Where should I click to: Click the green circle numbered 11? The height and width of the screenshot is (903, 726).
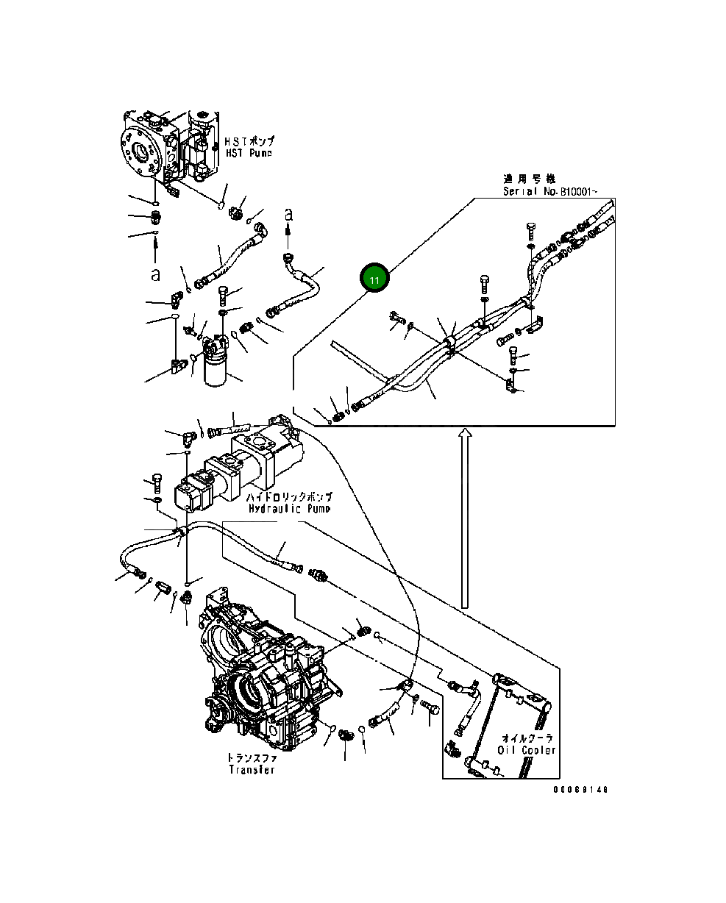375,280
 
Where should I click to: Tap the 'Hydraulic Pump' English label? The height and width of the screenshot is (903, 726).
289,508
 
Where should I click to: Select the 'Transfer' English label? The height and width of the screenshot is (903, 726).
252,770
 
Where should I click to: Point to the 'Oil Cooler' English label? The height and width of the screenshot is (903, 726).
527,750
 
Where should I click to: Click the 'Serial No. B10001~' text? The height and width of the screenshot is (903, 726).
549,191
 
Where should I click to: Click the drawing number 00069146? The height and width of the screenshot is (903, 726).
581,790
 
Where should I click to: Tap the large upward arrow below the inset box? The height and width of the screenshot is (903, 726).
463,518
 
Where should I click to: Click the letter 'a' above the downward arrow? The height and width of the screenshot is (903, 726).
288,214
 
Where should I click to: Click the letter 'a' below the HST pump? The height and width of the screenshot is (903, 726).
155,274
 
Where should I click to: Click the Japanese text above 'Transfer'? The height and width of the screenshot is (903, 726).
251,757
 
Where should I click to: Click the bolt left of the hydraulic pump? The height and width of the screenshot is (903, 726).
156,482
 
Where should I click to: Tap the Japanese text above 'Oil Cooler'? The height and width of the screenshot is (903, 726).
527,738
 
